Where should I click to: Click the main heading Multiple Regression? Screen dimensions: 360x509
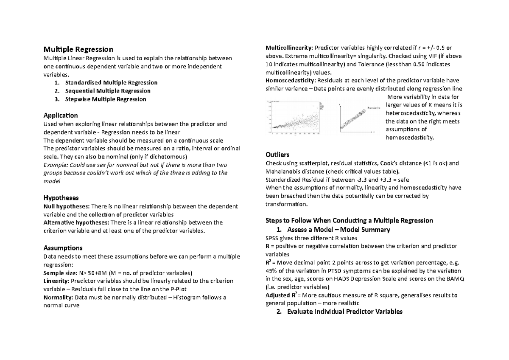[78, 50]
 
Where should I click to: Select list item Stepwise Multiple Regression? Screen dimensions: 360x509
[106, 99]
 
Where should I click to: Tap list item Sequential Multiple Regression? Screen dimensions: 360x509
[108, 91]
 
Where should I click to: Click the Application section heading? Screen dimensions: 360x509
[61, 115]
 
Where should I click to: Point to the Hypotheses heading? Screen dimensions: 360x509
[61, 198]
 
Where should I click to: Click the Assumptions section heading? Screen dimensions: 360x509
[63, 247]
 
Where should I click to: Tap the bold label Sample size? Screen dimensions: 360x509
[60, 273]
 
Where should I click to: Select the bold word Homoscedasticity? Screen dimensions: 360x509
[290, 81]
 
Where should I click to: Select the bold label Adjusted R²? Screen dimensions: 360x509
[280, 295]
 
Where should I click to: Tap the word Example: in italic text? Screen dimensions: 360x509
[55, 165]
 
